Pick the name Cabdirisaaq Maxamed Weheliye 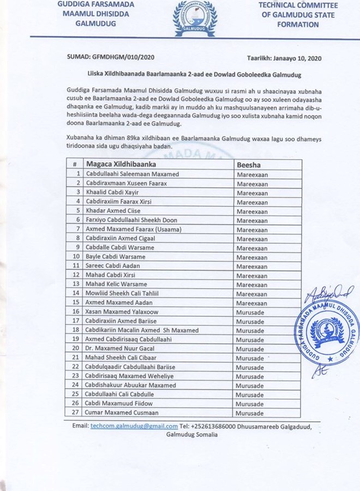click(x=127, y=376)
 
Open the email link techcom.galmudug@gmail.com click(x=134, y=426)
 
